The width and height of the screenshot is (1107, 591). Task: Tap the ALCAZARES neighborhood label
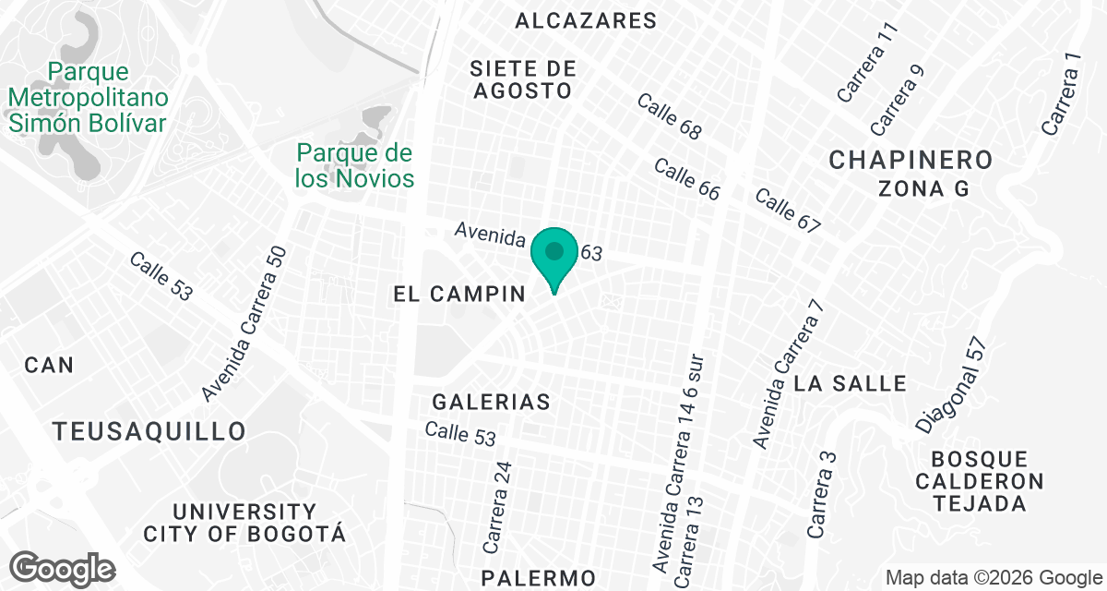pos(586,20)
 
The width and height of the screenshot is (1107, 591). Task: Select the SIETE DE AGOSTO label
pos(522,79)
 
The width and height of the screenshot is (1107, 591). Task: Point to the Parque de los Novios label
pos(354,165)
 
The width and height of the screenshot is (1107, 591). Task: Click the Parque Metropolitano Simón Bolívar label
pos(88,97)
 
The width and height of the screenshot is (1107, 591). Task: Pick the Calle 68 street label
pos(669,115)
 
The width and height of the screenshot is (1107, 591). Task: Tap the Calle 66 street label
pos(686,179)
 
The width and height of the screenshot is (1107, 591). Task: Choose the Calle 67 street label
pos(788,211)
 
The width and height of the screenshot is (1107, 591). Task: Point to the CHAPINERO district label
pos(911,160)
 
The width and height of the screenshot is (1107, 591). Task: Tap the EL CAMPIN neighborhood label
pos(458,295)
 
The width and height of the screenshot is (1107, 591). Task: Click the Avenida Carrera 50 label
pos(244,324)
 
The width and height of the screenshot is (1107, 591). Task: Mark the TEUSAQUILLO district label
pos(149,431)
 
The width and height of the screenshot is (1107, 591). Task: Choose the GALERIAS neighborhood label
pos(492,402)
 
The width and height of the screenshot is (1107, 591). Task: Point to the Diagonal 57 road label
pos(952,385)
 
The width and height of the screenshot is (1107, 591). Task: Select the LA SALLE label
pos(850,382)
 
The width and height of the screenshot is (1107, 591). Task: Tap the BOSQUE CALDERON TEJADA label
pos(987,481)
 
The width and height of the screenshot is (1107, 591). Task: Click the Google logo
pos(64,568)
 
